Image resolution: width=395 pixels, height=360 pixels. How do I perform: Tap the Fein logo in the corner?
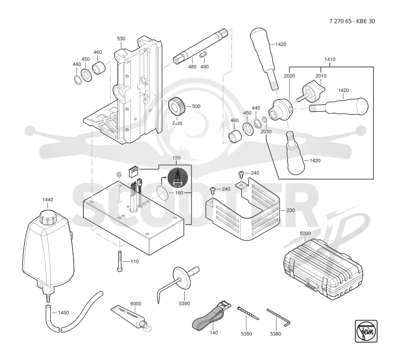[366, 331]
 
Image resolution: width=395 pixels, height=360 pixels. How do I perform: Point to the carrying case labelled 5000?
[323, 269]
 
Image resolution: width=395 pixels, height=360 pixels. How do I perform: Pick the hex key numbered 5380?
[278, 318]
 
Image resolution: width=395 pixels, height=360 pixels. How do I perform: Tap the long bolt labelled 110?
[119, 261]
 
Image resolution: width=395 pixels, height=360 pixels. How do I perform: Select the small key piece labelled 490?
[203, 54]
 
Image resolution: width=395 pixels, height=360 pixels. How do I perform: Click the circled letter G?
[119, 175]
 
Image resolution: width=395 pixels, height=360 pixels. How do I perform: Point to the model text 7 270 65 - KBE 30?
[352, 21]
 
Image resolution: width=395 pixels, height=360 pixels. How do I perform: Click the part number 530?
[121, 39]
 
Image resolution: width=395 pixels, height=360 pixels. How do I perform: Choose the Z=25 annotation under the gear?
[177, 123]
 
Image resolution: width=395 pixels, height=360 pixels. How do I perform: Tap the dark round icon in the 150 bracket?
[178, 178]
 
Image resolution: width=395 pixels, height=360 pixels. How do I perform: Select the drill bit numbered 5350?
[248, 314]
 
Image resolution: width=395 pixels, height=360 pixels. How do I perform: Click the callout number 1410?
[330, 59]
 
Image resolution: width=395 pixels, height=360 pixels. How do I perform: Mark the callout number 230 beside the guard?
[290, 210]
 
